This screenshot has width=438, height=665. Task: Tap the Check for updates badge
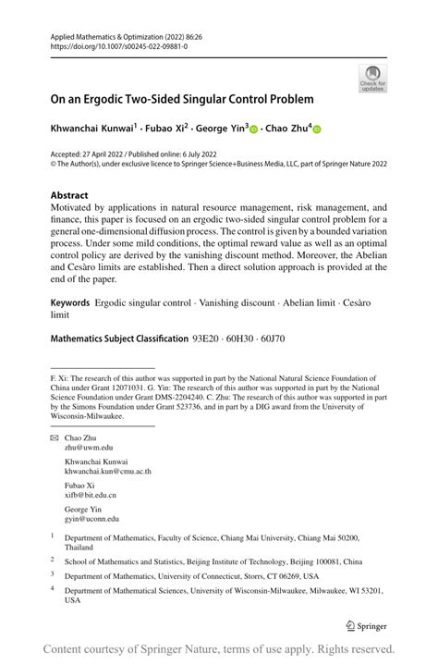(x=372, y=80)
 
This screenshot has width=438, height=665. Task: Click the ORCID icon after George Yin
(x=254, y=130)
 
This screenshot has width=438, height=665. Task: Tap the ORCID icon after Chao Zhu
(x=320, y=130)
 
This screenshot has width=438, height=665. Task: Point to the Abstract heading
(x=69, y=195)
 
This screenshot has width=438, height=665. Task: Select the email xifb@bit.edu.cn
(x=91, y=496)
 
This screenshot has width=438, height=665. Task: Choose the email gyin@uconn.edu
(x=91, y=520)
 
